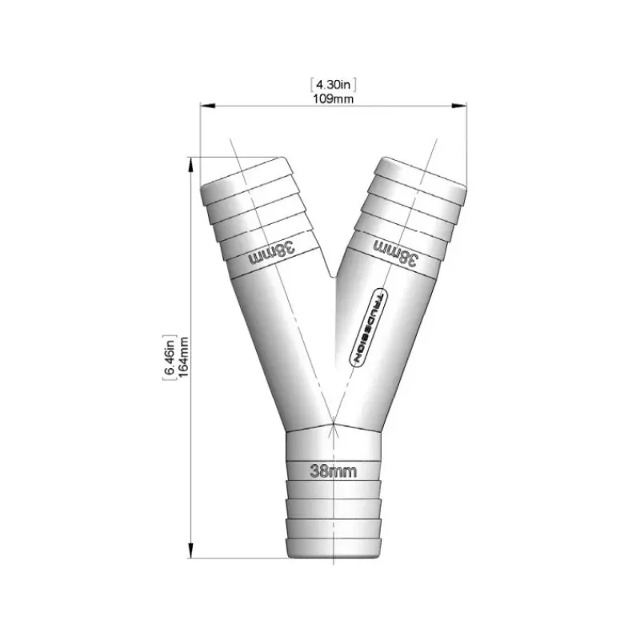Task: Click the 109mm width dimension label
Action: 333,98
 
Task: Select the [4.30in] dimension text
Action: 333,85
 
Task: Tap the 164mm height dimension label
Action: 183,357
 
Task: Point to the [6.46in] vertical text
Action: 169,357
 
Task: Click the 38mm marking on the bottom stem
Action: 334,471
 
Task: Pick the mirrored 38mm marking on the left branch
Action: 271,253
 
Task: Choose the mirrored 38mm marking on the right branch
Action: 396,253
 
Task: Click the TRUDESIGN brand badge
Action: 369,327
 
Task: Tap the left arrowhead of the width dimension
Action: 207,106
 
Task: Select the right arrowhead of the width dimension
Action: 459,106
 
